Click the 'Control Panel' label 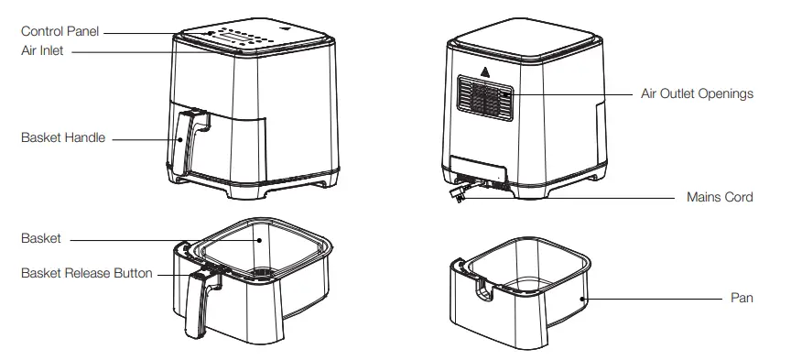pos(60,31)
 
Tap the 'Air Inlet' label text pos(42,51)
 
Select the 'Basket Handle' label pos(63,138)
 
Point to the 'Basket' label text pos(41,238)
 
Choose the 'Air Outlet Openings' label pos(698,93)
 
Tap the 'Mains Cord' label pos(720,197)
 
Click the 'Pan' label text pos(742,299)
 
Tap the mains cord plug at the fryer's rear pos(458,192)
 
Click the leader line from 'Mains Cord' pos(586,196)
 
